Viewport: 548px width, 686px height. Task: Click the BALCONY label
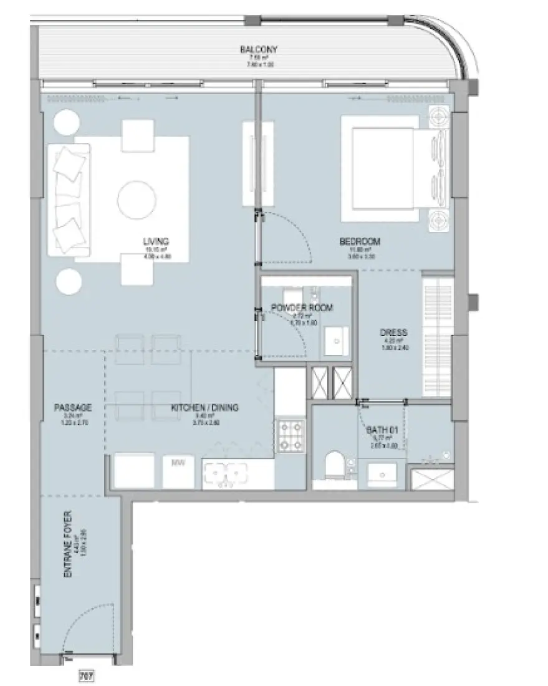pos(258,50)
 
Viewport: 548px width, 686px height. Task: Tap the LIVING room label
pos(156,242)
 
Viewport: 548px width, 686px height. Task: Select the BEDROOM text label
pos(360,242)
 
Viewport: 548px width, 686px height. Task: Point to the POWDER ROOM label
pos(302,307)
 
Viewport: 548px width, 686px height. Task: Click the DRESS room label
pos(393,332)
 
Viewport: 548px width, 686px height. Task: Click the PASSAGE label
pos(73,408)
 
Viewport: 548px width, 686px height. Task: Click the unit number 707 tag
pos(86,675)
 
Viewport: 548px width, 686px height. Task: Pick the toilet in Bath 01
pos(335,466)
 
